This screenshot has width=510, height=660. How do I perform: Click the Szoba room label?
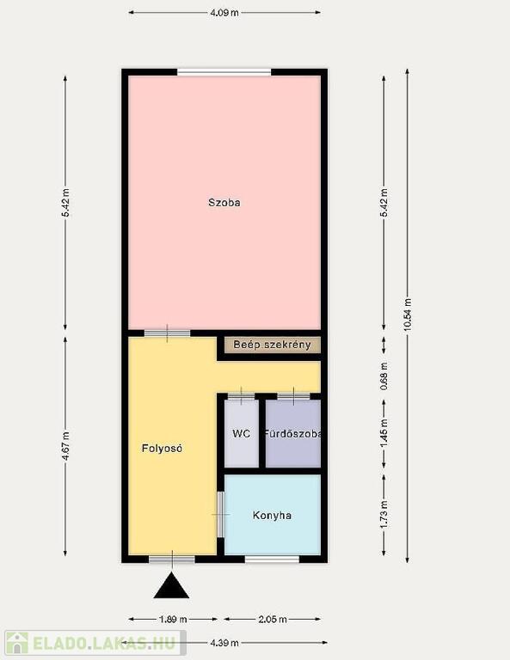point(224,203)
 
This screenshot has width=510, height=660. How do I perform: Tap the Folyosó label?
point(163,449)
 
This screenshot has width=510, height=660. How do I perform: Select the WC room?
point(242,433)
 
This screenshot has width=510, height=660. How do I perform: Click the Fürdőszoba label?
point(293,433)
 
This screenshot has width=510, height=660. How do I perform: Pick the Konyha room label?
point(272,516)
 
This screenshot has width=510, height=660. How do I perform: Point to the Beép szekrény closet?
point(272,345)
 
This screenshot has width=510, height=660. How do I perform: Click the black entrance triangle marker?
point(171,585)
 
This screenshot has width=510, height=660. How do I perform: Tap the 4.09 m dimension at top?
point(224,13)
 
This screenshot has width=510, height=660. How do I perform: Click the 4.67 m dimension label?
point(65,446)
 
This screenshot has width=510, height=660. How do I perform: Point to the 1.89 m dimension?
point(173,619)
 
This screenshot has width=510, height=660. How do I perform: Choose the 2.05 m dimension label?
point(272,619)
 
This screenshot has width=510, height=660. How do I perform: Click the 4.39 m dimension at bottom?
point(224,643)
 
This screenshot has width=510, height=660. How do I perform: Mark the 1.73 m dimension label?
point(384,515)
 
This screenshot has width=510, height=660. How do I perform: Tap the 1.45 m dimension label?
point(384,434)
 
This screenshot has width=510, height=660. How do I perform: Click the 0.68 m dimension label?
point(384,376)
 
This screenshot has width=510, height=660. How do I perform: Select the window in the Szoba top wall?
point(224,72)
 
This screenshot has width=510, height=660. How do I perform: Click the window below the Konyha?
point(272,559)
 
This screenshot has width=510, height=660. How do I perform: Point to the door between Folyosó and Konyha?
point(220,515)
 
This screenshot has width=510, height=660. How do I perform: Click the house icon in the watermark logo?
point(17,643)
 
